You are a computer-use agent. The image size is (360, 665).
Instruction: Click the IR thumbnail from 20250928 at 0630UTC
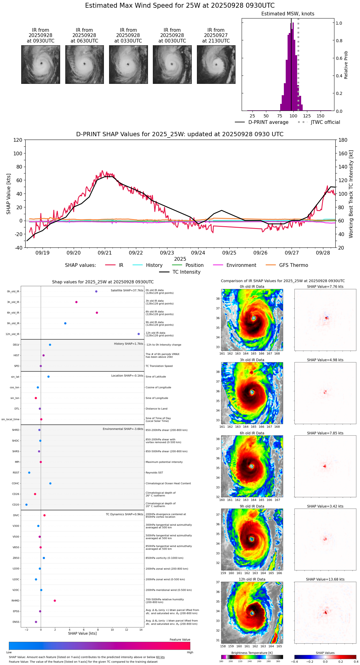click(84, 64)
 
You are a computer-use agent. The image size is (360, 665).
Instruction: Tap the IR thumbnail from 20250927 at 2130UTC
click(216, 64)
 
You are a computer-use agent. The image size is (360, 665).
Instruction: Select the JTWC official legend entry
click(325, 122)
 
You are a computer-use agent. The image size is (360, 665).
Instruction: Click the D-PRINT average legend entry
click(268, 122)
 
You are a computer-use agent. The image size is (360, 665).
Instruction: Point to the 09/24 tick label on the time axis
click(198, 253)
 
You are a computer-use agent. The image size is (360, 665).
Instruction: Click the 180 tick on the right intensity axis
click(343, 140)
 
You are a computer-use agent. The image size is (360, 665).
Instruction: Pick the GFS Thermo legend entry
click(293, 265)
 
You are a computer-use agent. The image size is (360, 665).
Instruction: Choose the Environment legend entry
click(241, 265)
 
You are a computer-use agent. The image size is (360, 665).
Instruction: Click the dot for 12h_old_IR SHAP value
click(139, 334)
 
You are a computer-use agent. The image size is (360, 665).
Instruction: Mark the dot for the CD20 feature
click(27, 505)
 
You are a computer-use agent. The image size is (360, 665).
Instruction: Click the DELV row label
click(16, 345)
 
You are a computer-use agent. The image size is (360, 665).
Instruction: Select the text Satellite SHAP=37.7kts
click(127, 290)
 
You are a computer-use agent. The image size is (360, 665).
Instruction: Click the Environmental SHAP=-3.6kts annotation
click(123, 429)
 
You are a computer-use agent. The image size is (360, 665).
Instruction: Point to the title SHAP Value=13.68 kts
click(325, 579)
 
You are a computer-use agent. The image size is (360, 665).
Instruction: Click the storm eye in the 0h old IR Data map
click(254, 318)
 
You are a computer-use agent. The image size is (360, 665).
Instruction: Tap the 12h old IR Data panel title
click(252, 579)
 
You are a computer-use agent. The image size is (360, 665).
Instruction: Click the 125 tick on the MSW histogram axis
click(307, 116)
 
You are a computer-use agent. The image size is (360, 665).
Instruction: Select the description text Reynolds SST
click(154, 473)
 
